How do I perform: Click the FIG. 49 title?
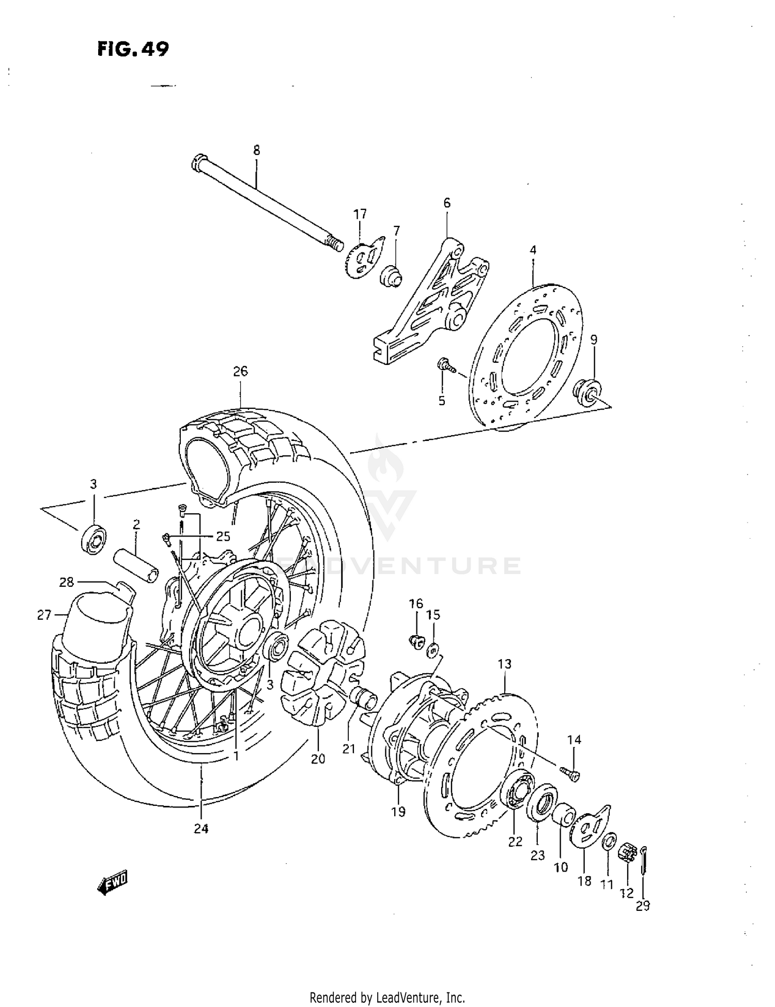(132, 49)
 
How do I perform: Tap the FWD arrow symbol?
(112, 883)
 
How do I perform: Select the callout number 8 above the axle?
(256, 150)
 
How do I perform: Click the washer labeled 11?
(609, 841)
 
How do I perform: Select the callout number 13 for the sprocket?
(504, 664)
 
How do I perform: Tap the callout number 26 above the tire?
(240, 371)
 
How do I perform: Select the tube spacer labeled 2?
(136, 567)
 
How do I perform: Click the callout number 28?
(67, 583)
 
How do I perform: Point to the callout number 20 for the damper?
(318, 759)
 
